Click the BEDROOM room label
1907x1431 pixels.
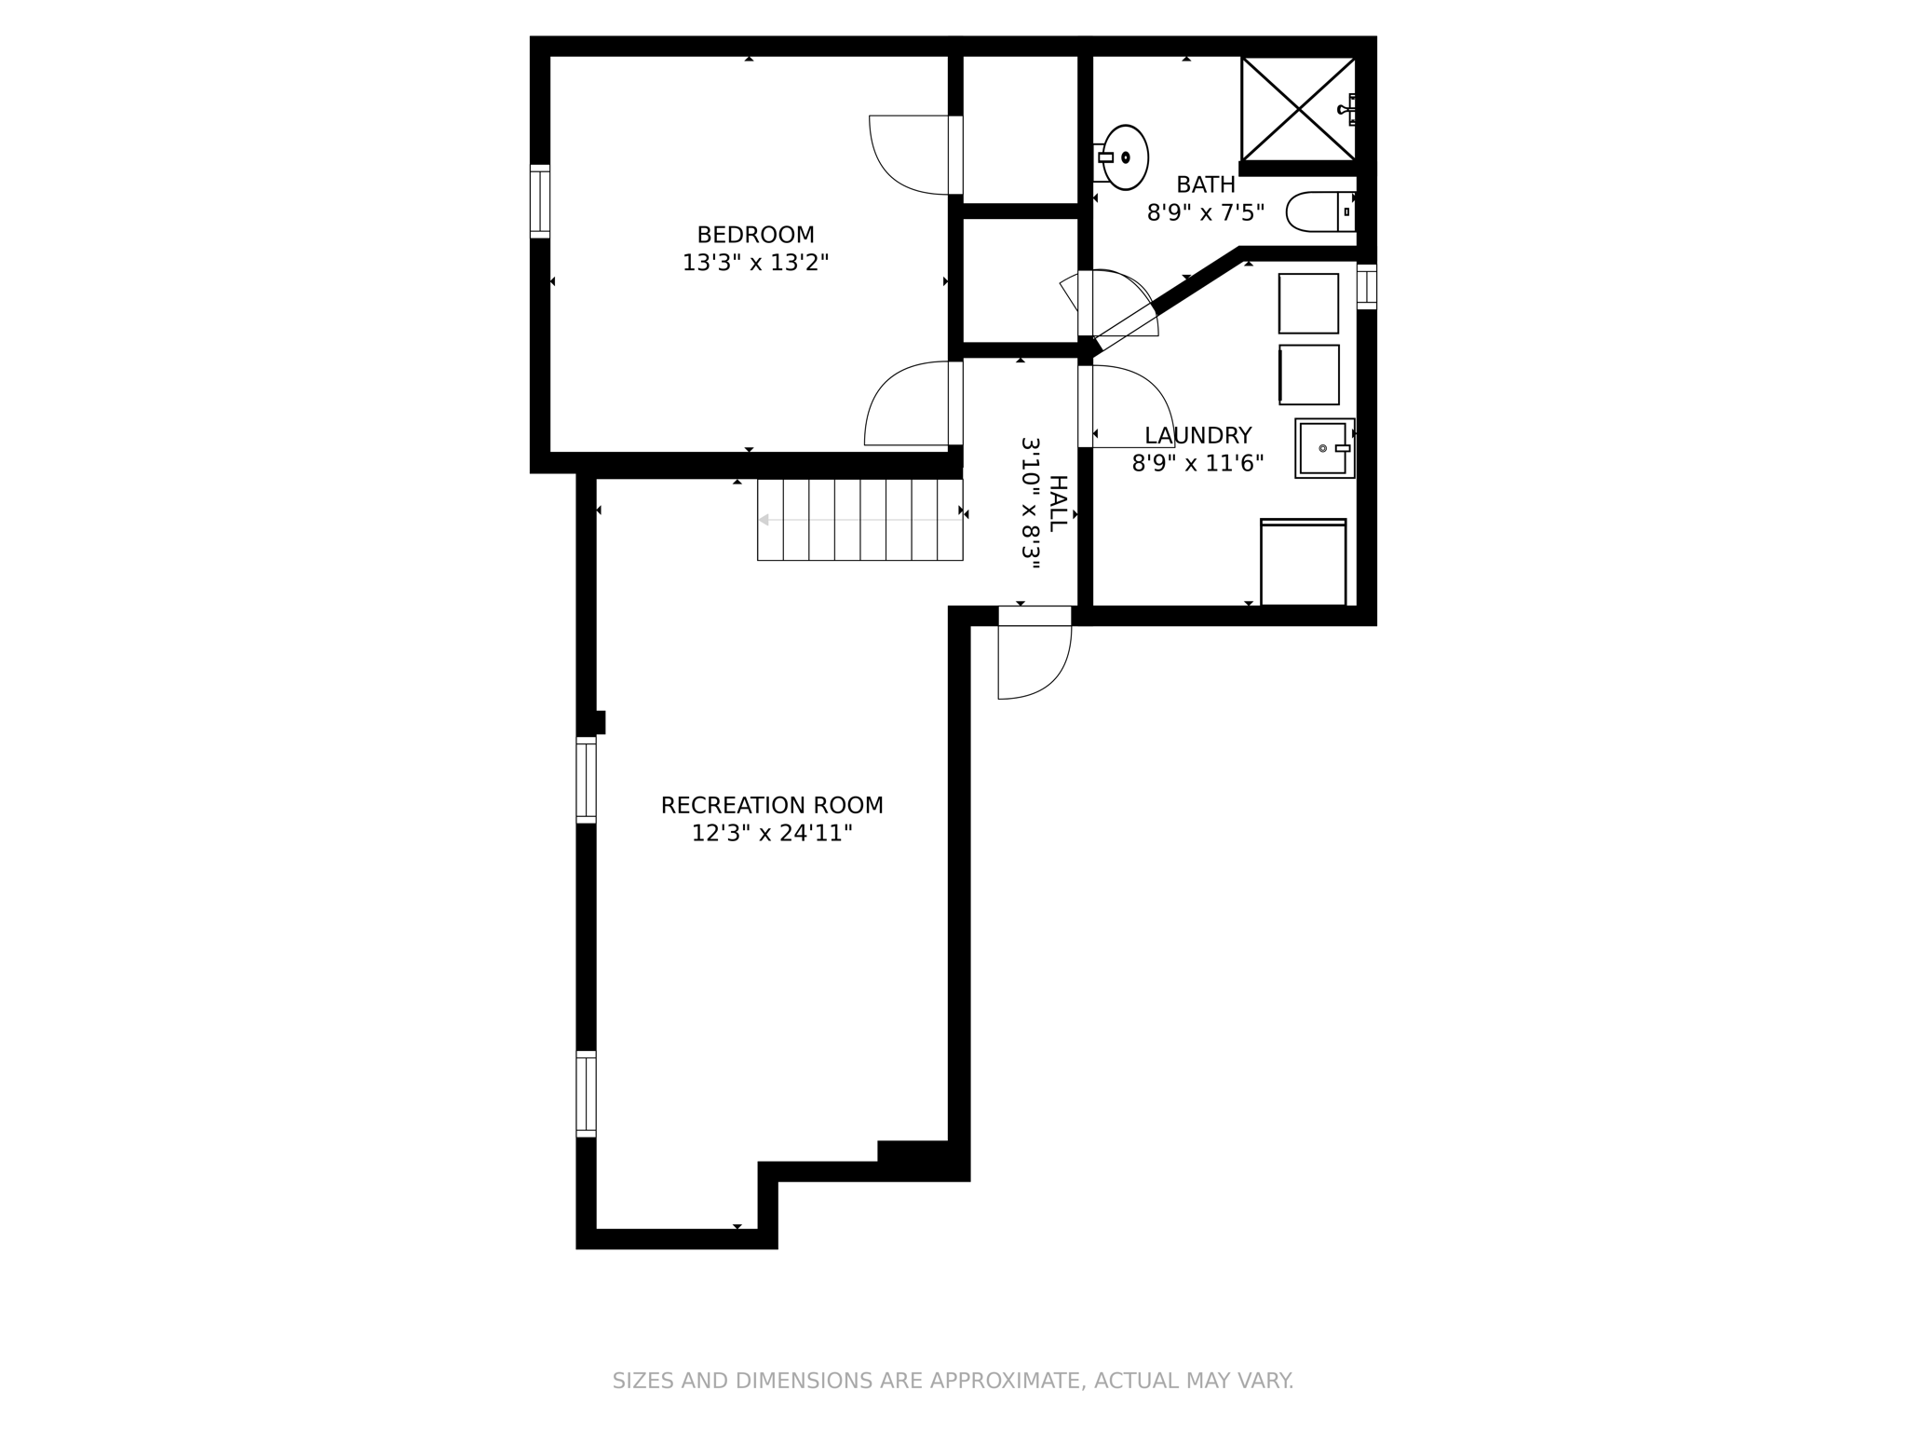[755, 235]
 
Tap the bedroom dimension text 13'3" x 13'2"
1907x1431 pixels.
[755, 263]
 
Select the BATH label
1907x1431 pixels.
[1205, 184]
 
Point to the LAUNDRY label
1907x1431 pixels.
[1197, 435]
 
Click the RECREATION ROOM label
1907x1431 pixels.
[772, 805]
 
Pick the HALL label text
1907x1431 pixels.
[1058, 503]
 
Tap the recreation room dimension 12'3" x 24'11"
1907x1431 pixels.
[772, 833]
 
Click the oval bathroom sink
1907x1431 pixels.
[1125, 157]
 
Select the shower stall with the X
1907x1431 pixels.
[1298, 109]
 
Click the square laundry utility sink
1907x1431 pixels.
[1324, 448]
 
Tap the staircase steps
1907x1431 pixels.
[859, 520]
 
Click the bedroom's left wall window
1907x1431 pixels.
[540, 201]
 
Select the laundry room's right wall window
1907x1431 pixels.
[1366, 287]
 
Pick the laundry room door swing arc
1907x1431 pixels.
[1131, 406]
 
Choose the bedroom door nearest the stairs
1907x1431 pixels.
[908, 404]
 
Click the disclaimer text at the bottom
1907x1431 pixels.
[953, 1381]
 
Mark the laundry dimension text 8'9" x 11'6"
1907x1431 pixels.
[1197, 463]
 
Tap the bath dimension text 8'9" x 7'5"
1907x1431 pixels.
[1205, 213]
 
